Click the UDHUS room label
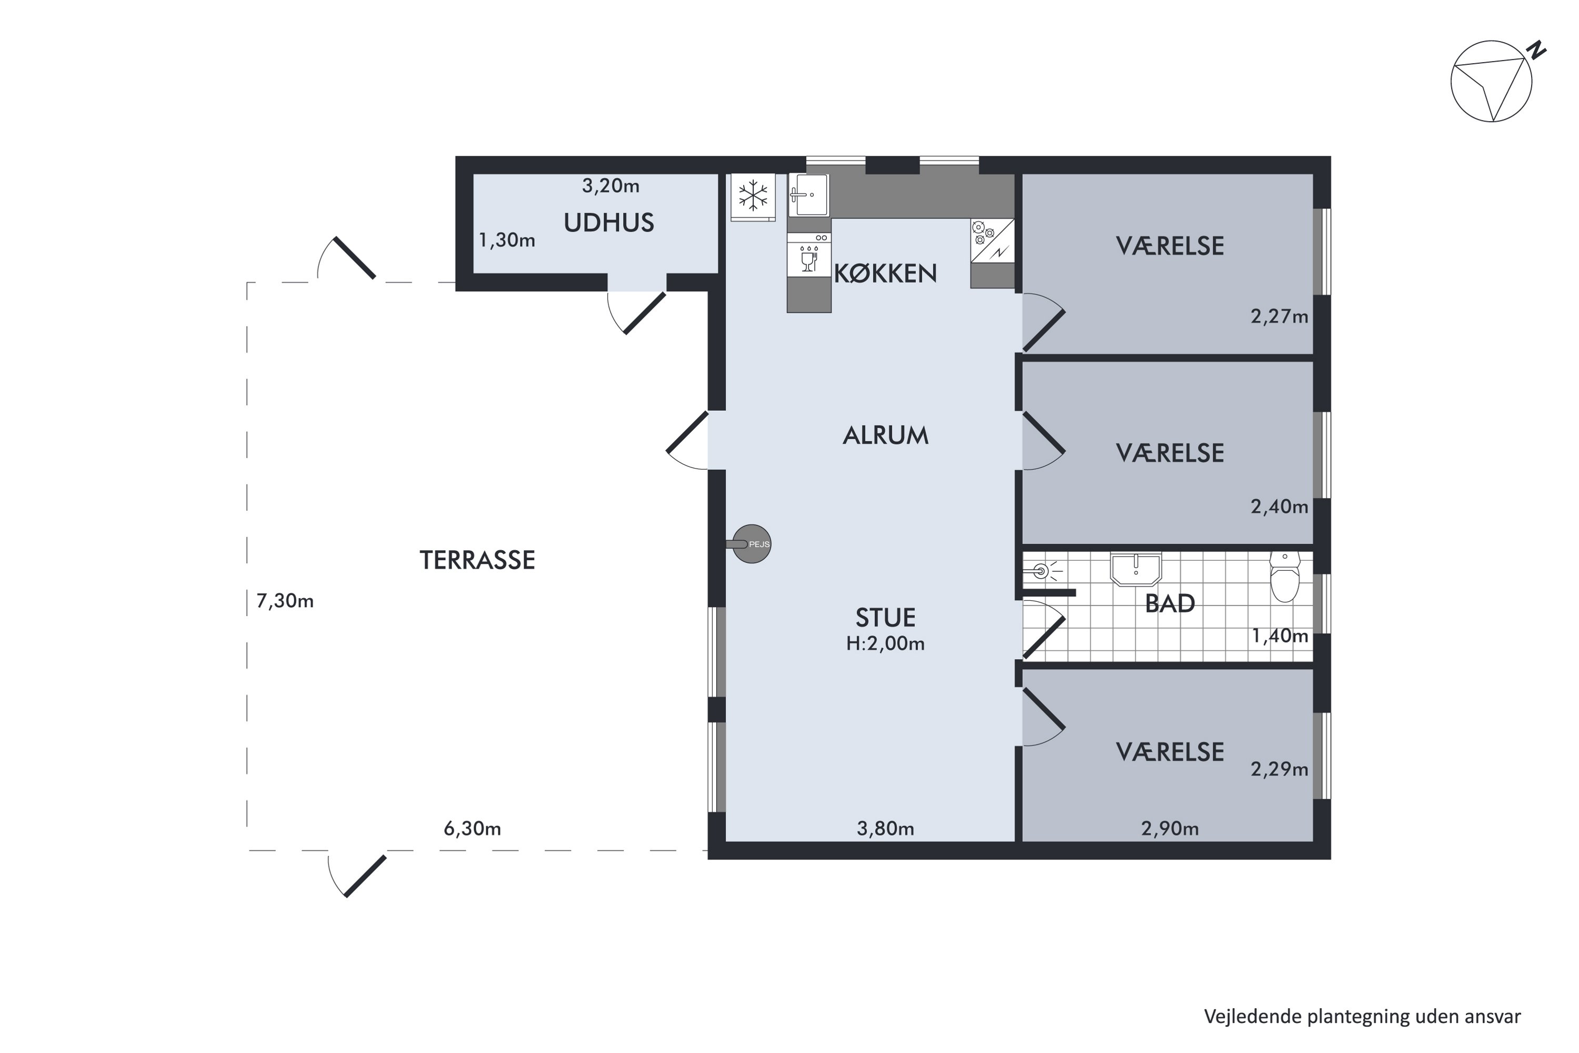608,223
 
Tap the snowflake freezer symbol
753,196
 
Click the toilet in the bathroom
1284,577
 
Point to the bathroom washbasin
1135,570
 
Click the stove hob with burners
992,241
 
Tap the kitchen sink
808,195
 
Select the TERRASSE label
477,560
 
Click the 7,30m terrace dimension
285,601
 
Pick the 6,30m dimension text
473,829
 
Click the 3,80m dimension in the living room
885,829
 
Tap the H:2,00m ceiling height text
885,643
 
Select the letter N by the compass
1537,49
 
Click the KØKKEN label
885,273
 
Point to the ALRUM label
885,436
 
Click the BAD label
1170,604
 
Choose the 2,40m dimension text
1280,506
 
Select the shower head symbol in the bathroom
1042,571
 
